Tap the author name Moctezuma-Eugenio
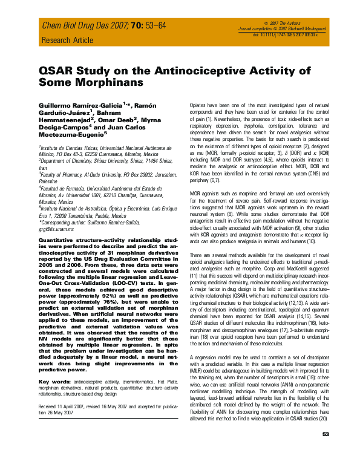pyautogui.click(x=74, y=143)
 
